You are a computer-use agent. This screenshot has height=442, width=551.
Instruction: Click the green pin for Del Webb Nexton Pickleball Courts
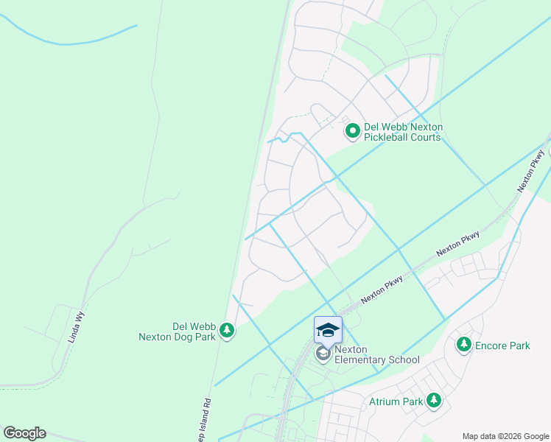pyautogui.click(x=353, y=132)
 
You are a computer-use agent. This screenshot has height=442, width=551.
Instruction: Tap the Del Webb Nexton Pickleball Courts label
pyautogui.click(x=402, y=132)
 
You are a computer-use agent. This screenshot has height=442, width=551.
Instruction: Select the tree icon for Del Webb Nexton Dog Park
pyautogui.click(x=228, y=331)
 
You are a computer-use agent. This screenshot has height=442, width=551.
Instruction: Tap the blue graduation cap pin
pyautogui.click(x=328, y=330)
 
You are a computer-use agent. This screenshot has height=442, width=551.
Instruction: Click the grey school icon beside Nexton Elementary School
pyautogui.click(x=323, y=354)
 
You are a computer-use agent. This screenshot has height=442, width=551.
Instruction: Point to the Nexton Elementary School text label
pyautogui.click(x=376, y=354)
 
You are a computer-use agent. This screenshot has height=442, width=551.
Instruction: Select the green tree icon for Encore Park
pyautogui.click(x=464, y=345)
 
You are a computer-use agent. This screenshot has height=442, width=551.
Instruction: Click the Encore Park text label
pyautogui.click(x=502, y=345)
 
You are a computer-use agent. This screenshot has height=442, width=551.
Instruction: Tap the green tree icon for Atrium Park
pyautogui.click(x=434, y=401)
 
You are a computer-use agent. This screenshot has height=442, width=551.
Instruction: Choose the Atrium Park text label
pyautogui.click(x=396, y=401)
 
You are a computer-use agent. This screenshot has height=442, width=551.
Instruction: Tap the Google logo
pyautogui.click(x=24, y=433)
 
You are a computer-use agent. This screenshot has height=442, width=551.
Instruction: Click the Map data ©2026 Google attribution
pyautogui.click(x=505, y=436)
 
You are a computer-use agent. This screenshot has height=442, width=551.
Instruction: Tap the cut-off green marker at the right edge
pyautogui.click(x=548, y=152)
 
